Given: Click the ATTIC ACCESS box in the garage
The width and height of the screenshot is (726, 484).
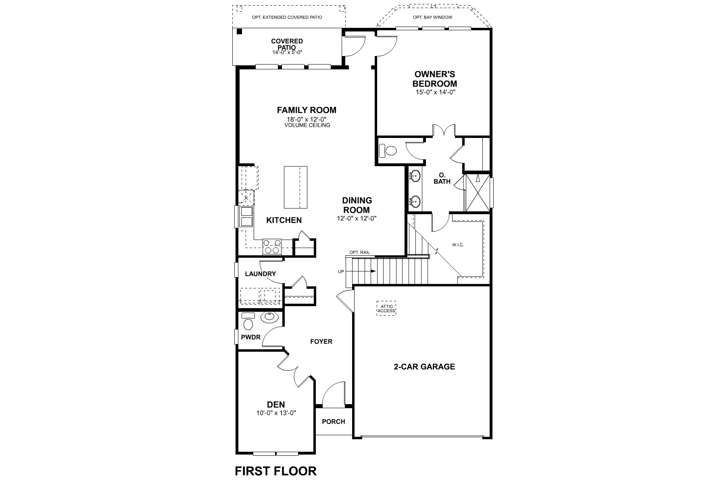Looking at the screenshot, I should tap(386, 309).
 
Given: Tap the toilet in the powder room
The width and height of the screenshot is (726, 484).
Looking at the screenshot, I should tap(248, 323).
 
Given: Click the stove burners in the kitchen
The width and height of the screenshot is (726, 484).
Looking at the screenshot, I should tap(271, 246).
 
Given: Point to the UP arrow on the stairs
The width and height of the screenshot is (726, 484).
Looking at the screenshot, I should tap(365, 271).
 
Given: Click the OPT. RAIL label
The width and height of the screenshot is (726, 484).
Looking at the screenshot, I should tap(359, 252).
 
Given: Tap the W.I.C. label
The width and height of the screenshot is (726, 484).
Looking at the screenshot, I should tap(458, 245).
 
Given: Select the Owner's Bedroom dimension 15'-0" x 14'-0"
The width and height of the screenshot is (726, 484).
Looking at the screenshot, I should tap(435, 92).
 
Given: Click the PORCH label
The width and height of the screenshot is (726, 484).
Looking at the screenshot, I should tap(334, 421).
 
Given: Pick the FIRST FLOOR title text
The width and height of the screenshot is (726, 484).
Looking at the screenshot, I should tap(276, 471).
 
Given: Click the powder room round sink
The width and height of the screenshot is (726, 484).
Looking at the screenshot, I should tap(269, 317).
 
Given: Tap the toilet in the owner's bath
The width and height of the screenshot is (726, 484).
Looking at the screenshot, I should tap(390, 151).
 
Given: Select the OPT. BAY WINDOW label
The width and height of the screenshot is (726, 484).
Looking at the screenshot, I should tap(432, 17).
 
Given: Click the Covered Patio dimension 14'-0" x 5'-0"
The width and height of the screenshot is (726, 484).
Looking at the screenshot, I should tap(287, 52).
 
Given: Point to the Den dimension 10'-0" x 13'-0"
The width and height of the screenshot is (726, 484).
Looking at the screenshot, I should tap(276, 413).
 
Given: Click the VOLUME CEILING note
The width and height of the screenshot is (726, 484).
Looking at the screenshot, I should tap(307, 125).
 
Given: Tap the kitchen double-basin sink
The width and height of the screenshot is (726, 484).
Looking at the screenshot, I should tap(246, 217).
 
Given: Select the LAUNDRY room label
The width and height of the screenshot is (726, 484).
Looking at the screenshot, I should tap(261, 274).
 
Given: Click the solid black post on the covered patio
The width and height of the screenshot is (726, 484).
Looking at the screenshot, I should tap(239, 31).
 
